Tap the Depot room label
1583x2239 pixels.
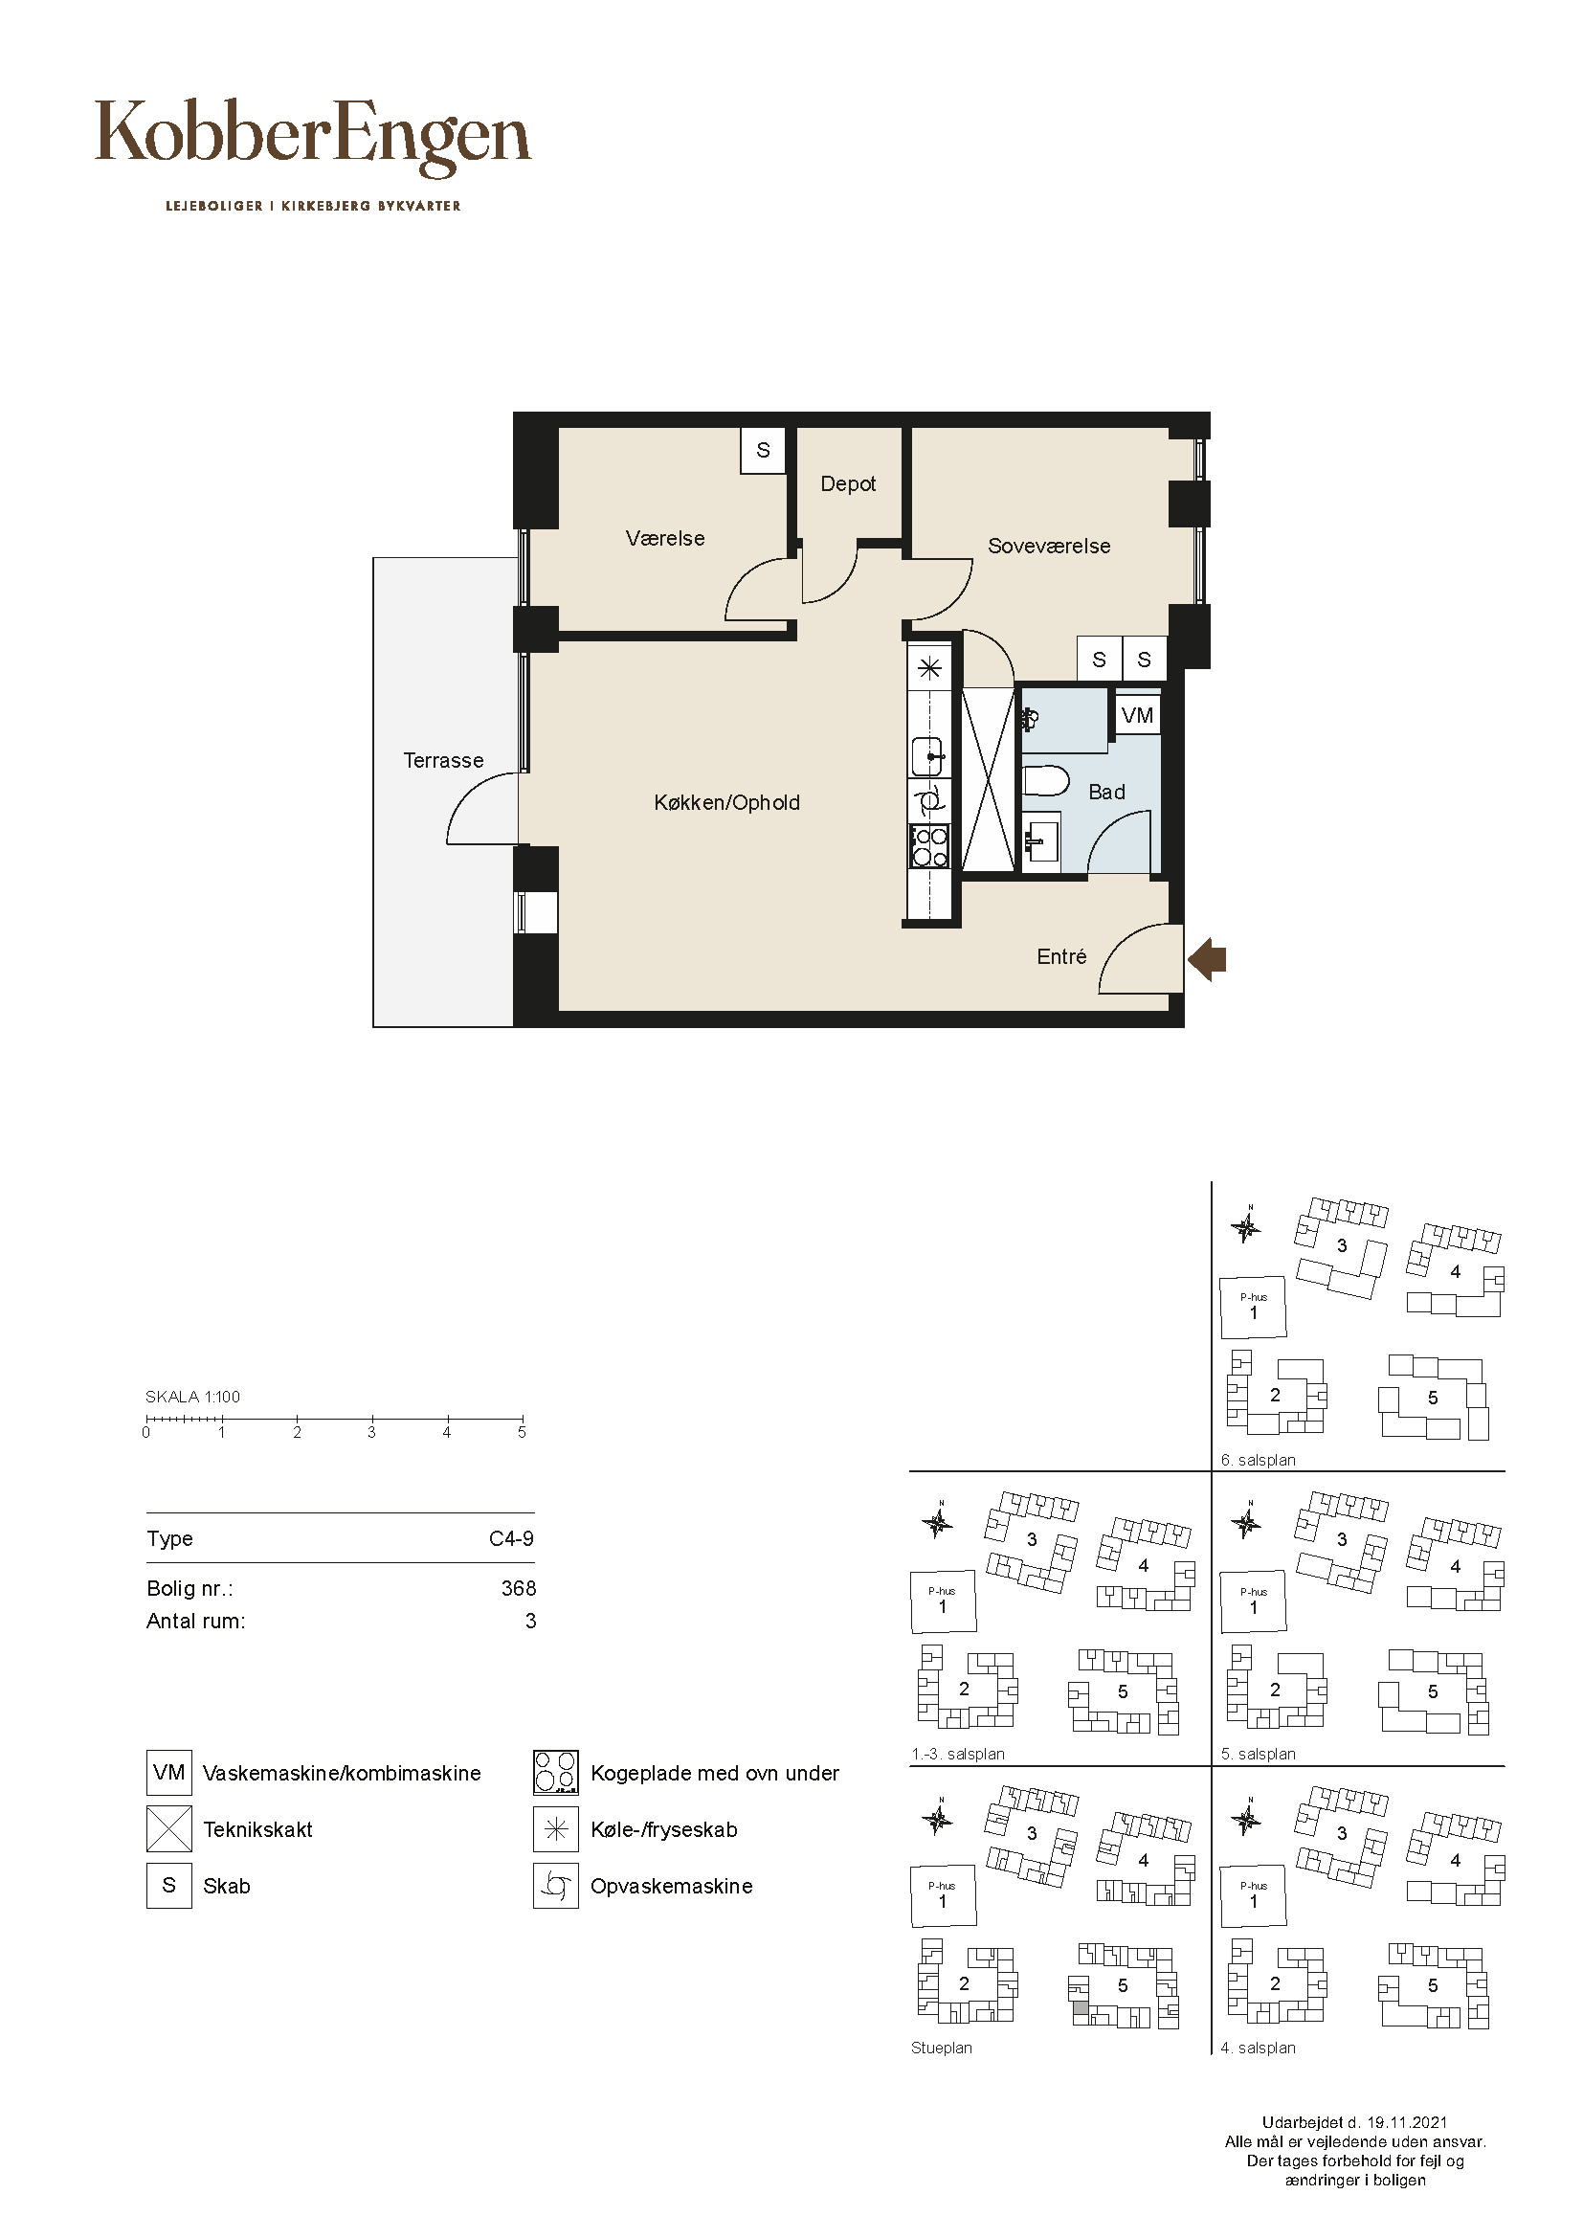pyautogui.click(x=848, y=484)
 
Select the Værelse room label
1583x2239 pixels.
pyautogui.click(x=665, y=538)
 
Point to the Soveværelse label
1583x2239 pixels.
pyautogui.click(x=1049, y=546)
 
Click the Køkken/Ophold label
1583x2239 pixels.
pyautogui.click(x=726, y=802)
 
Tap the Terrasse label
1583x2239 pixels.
pyautogui.click(x=443, y=761)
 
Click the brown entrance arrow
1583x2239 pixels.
pyautogui.click(x=1207, y=959)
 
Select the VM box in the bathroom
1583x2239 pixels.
pyautogui.click(x=1138, y=715)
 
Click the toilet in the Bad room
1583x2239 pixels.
pyautogui.click(x=1046, y=782)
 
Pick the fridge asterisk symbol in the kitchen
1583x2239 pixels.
pyautogui.click(x=930, y=669)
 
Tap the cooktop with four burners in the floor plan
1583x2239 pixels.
pyautogui.click(x=929, y=845)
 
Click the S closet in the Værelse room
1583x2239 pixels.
pyautogui.click(x=763, y=451)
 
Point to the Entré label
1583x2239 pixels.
pyautogui.click(x=1061, y=957)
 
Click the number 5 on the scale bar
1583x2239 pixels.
pyautogui.click(x=522, y=1433)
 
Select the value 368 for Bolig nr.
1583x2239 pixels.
pyautogui.click(x=519, y=1589)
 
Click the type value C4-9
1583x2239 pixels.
pyautogui.click(x=512, y=1539)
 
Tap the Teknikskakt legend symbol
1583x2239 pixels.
pyautogui.click(x=169, y=1829)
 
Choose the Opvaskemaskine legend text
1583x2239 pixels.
pyautogui.click(x=672, y=1886)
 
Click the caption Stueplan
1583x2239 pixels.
pyautogui.click(x=942, y=2048)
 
